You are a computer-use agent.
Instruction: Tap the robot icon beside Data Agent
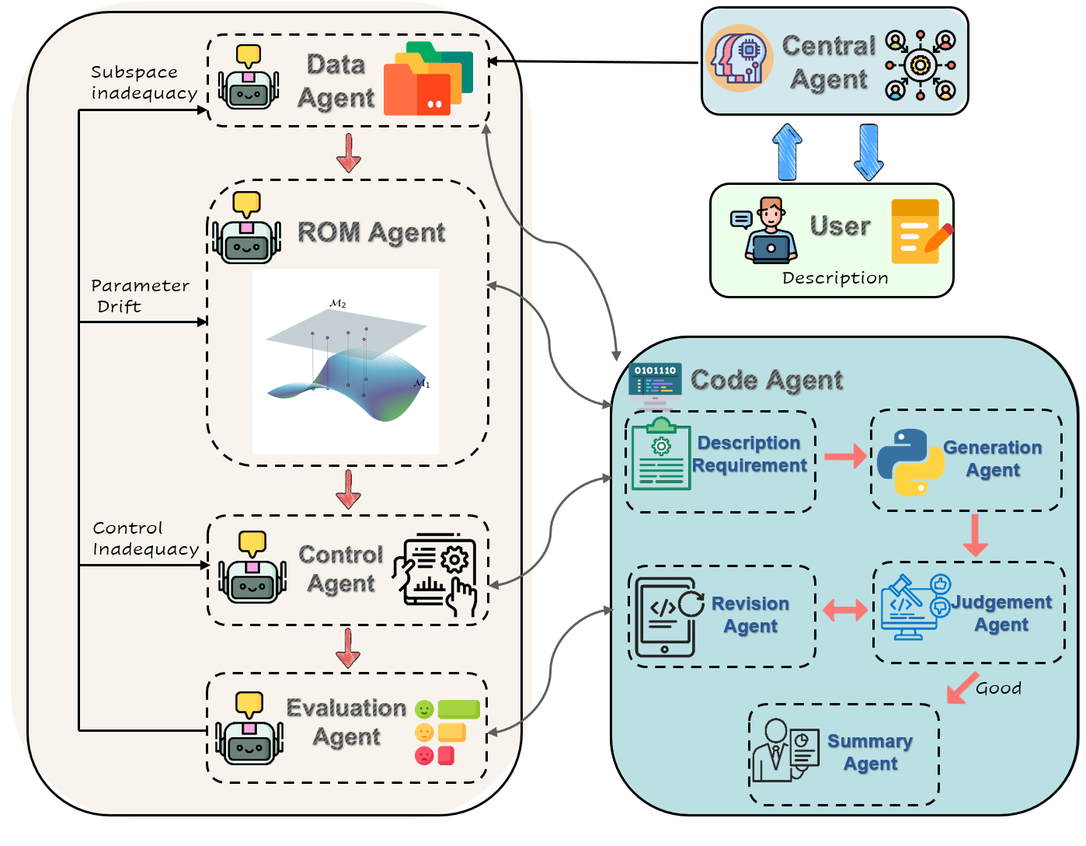point(249,79)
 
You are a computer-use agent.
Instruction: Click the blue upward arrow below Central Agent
point(787,152)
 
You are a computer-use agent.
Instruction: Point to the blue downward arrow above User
point(868,152)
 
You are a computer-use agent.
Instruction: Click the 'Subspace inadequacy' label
point(144,82)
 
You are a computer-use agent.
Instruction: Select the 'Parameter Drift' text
point(139,296)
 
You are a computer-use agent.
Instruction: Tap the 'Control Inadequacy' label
point(145,538)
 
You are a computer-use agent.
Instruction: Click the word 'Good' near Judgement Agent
point(998,688)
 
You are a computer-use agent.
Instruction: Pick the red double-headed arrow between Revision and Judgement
point(844,611)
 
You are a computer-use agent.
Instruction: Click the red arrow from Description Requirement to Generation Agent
point(844,456)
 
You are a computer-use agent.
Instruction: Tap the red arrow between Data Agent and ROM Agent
point(349,153)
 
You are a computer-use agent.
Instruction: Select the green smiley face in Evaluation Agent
point(424,709)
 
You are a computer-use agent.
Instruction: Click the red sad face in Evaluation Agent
point(424,755)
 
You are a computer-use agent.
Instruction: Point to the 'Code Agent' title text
point(766,380)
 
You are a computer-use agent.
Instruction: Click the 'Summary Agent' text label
point(870,752)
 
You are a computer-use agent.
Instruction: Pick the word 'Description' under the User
point(835,278)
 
